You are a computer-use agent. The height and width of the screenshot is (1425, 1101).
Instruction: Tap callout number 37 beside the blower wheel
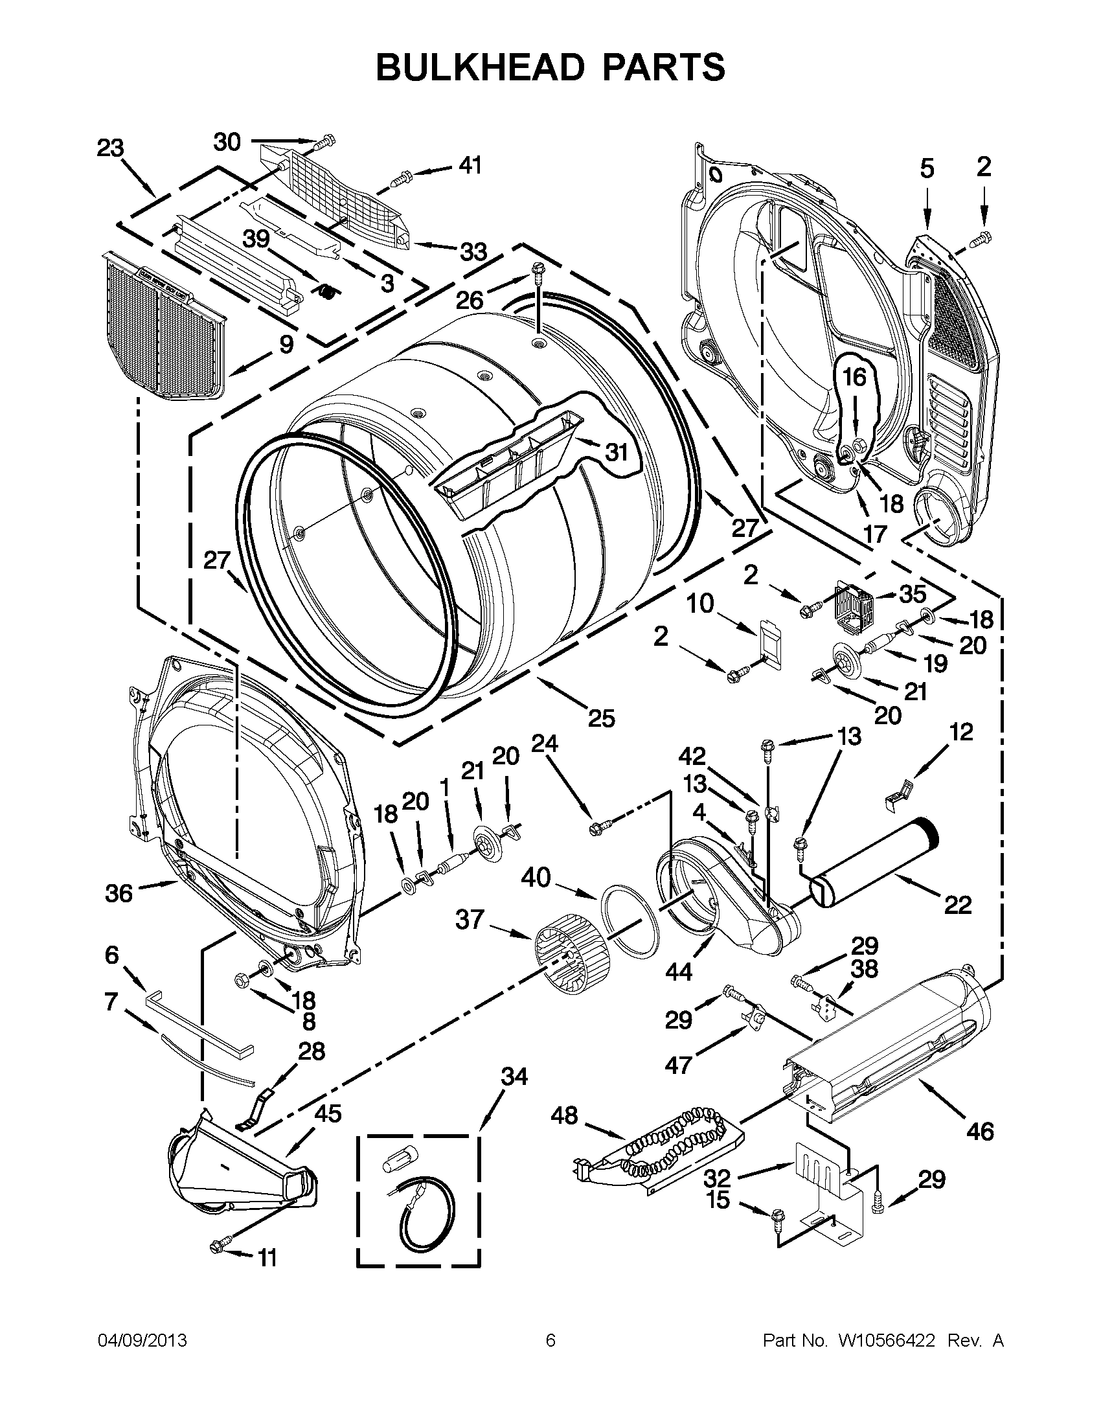click(470, 919)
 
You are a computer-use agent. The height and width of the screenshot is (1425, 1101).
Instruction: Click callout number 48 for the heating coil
click(564, 1115)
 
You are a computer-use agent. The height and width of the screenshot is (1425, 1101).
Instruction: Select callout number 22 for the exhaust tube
click(957, 904)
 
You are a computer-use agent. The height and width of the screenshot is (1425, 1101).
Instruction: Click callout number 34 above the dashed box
click(514, 1076)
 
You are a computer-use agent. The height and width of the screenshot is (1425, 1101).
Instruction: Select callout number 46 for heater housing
click(981, 1130)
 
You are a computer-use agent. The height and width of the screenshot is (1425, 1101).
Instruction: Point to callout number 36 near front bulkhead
click(118, 893)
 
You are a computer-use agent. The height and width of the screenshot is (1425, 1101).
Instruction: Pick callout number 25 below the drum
click(601, 718)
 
